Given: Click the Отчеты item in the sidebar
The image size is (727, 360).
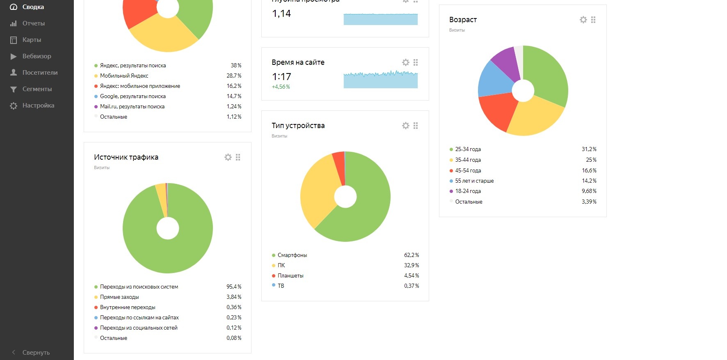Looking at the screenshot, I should coord(33,23).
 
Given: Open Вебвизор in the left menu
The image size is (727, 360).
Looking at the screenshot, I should coord(37,56).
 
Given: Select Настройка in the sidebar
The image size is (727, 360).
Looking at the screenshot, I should coord(38,105).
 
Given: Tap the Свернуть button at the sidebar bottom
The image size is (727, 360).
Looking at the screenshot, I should coord(36,352).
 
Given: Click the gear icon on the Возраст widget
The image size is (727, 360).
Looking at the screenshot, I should coord(583,20).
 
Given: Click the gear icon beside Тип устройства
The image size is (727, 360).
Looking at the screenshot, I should coord(405,126).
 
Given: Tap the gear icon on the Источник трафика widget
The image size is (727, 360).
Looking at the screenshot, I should coord(228,157).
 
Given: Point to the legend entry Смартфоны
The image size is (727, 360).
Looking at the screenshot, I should coord(292,255).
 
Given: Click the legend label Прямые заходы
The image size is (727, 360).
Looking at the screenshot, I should coord(119,297).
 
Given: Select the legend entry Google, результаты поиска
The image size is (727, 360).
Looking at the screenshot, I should coord(133,96).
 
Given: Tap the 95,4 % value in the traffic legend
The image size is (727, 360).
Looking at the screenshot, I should coord(234,287).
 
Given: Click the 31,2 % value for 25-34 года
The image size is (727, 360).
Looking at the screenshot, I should coord(589,149).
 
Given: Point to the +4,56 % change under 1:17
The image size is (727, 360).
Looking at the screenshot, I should coord(281,87).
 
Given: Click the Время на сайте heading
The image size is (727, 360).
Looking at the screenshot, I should coord(298,62).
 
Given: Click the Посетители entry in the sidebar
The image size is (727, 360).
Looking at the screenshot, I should coord(40,73).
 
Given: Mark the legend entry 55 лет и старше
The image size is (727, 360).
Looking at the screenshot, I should coord(474,181).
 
